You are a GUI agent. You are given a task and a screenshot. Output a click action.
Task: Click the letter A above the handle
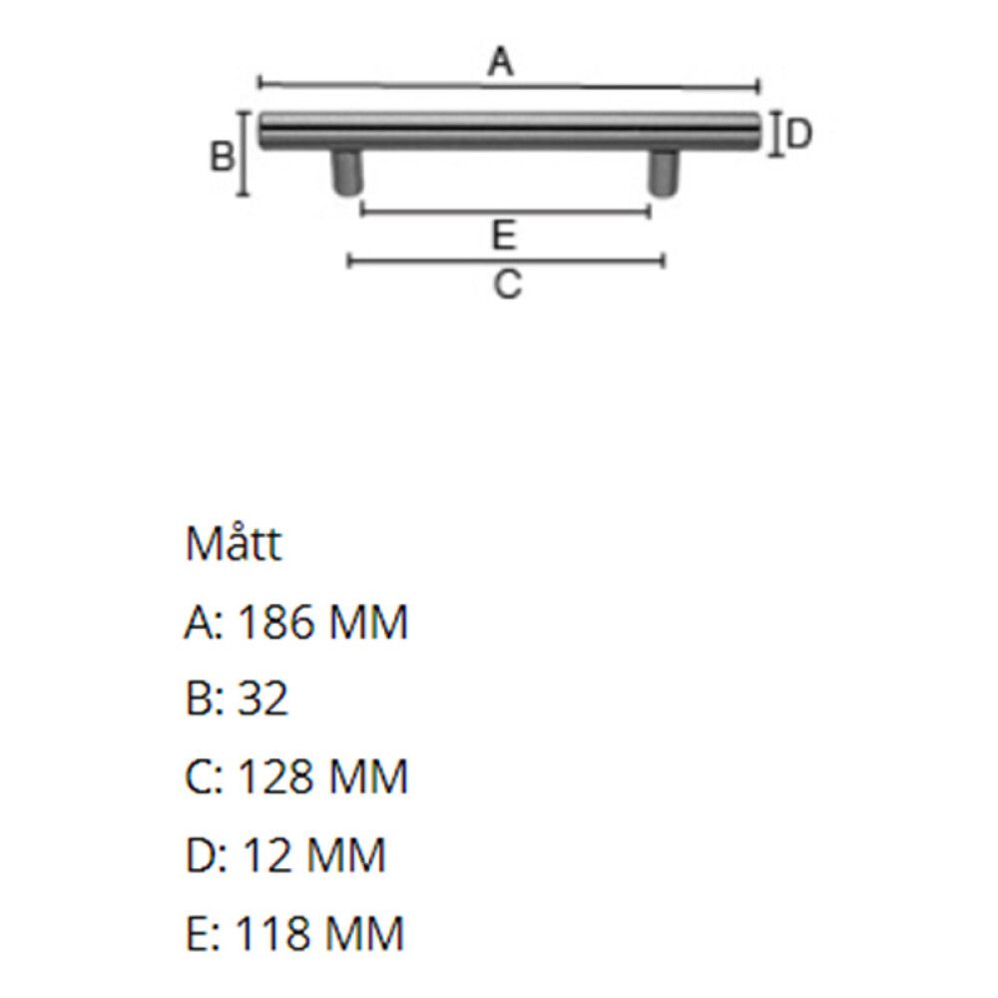[x=500, y=62]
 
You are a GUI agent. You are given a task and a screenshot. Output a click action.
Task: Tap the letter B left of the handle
[x=223, y=156]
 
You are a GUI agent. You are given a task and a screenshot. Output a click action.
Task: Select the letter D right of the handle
[x=799, y=134]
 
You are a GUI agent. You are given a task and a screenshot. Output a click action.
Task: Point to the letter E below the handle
[x=504, y=235]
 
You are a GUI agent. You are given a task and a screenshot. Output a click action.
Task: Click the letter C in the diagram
[x=507, y=283]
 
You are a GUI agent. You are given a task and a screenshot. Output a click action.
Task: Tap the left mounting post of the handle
[x=347, y=173]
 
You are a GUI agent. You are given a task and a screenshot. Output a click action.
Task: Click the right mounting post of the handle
[x=664, y=173]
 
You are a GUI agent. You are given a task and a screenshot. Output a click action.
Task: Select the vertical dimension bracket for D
[x=775, y=134]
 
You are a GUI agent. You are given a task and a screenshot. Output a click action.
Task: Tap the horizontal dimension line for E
[x=505, y=210]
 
